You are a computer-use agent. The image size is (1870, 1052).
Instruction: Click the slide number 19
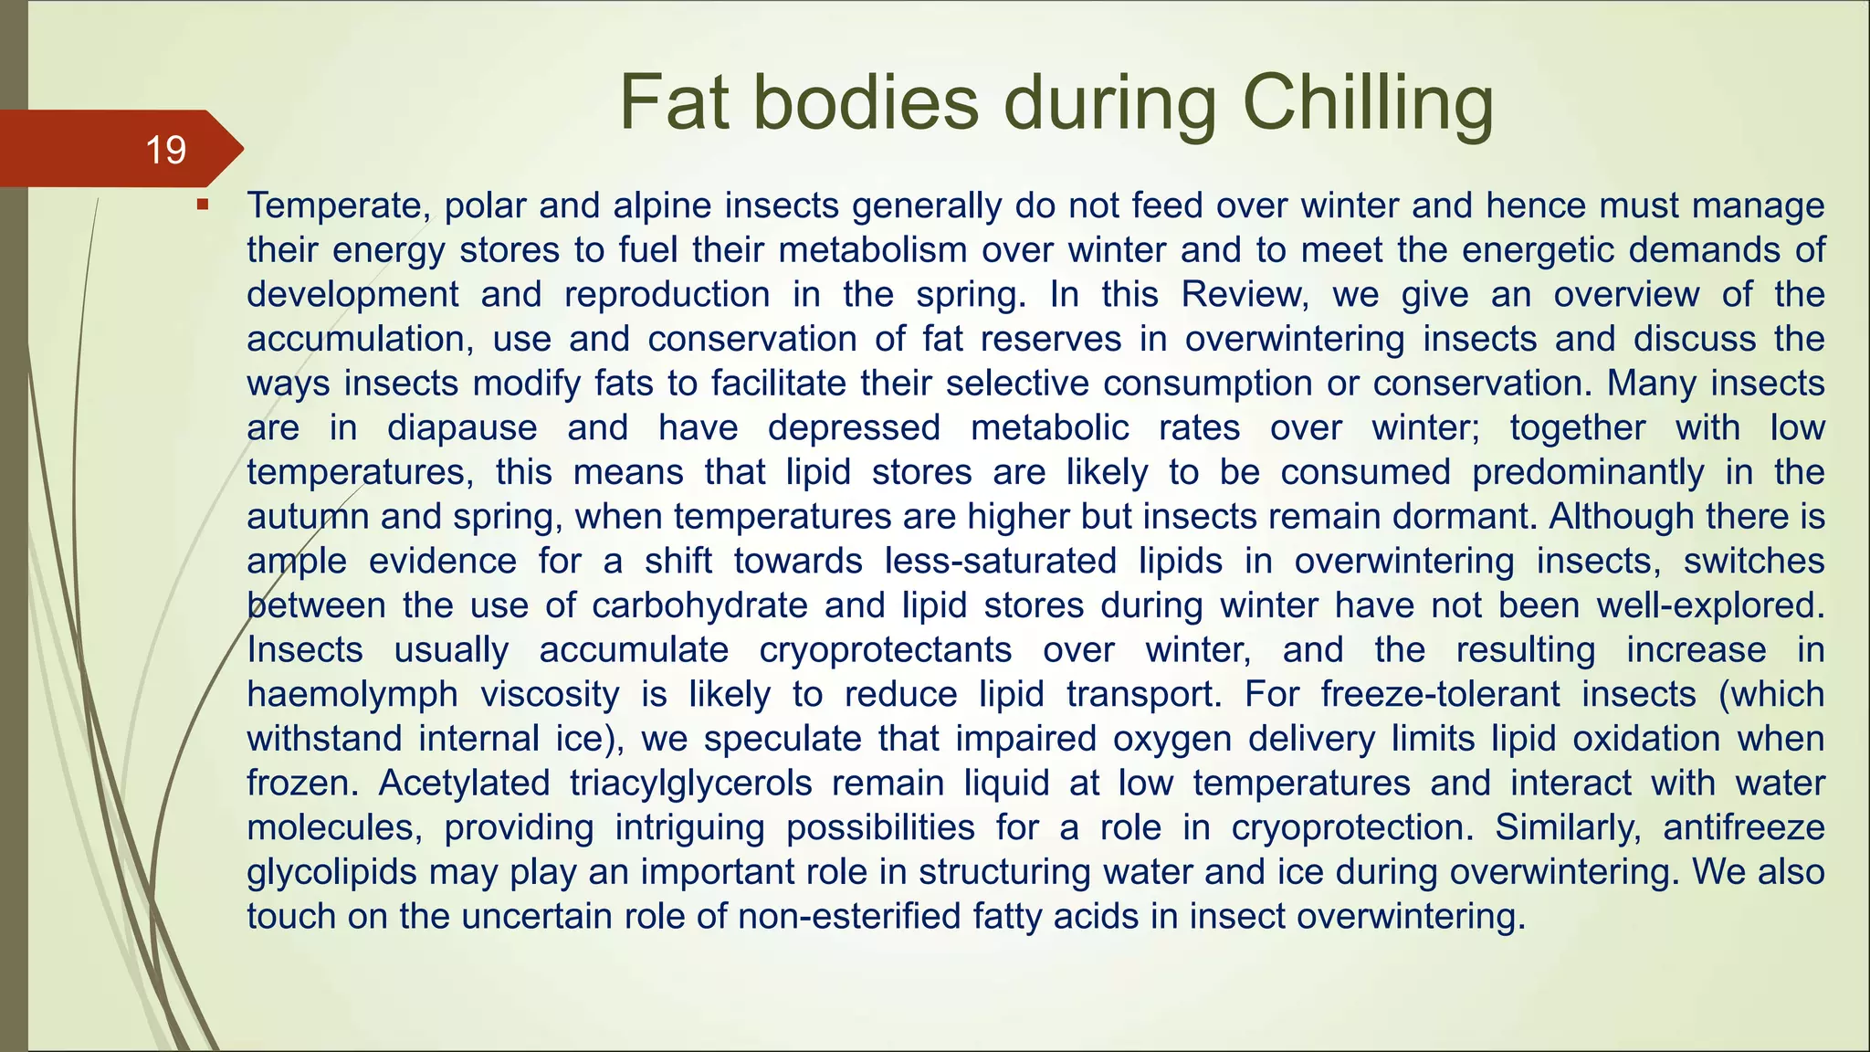coord(165,150)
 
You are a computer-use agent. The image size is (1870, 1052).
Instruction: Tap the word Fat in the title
coord(673,102)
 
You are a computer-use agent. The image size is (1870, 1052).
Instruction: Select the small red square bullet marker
coord(203,205)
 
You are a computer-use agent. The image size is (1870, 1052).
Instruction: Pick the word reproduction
coord(667,294)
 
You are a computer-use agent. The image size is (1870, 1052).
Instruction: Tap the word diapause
coord(462,427)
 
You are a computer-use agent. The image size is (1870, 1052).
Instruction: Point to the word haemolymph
coord(352,694)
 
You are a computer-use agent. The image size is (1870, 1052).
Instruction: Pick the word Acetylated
coord(464,784)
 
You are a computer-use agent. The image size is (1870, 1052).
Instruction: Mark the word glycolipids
coord(331,872)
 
